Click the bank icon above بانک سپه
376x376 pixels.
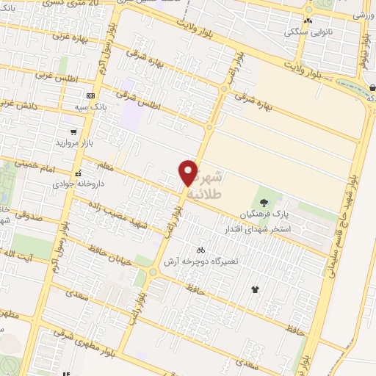tap(90, 95)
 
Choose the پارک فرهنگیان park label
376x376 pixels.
tap(263, 214)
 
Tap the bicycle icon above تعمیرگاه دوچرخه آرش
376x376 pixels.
tap(191, 250)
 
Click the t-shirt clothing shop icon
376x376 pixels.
tap(256, 289)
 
